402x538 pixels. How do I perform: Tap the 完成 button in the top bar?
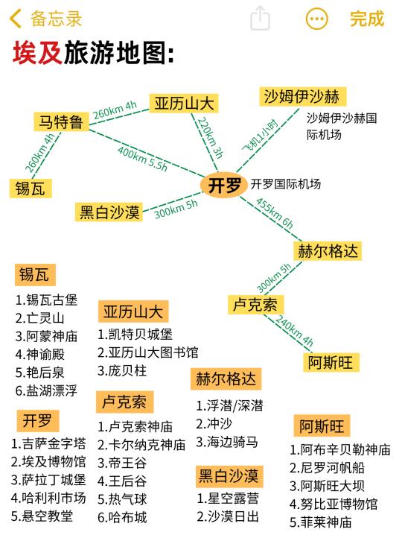click(367, 19)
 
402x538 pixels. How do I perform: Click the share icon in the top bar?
click(260, 18)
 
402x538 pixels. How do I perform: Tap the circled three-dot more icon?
click(316, 19)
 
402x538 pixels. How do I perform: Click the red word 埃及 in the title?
click(37, 53)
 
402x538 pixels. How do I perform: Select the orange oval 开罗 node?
click(224, 185)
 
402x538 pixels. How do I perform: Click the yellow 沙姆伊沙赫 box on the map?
click(302, 96)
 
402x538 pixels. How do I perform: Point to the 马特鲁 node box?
click(61, 121)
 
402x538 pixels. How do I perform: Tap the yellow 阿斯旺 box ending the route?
click(331, 362)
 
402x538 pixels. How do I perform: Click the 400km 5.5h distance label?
click(142, 159)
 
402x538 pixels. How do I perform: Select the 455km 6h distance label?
click(275, 213)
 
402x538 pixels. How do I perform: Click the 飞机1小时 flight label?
click(260, 136)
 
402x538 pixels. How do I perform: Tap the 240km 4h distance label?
click(294, 330)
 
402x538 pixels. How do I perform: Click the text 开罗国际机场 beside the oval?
click(286, 184)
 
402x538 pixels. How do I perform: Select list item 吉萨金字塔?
click(48, 443)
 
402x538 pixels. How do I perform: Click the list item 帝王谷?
click(122, 463)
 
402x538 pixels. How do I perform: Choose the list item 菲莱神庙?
click(320, 522)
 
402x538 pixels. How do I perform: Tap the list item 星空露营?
click(228, 499)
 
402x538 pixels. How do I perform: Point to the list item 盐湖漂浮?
click(47, 390)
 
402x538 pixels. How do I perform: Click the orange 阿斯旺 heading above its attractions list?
click(322, 425)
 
